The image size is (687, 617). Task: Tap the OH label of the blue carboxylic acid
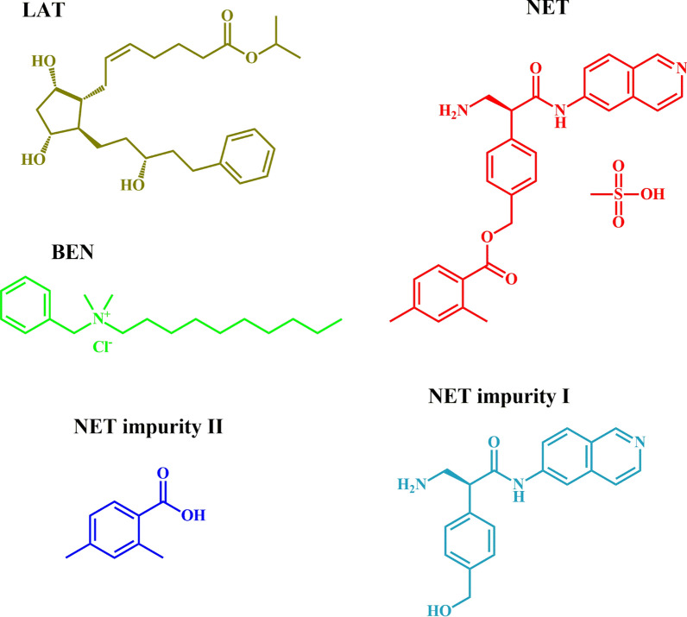coord(194,515)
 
